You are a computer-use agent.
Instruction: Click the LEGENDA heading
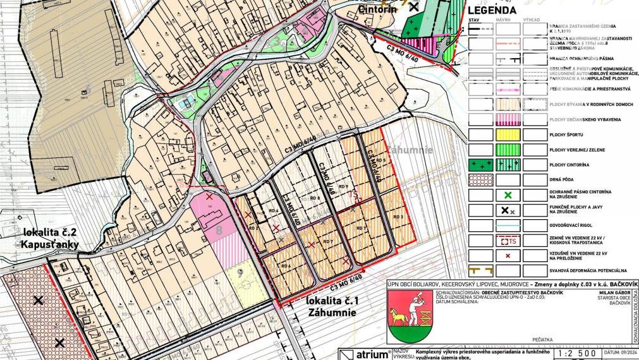491,10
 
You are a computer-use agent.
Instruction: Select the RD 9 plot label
343,187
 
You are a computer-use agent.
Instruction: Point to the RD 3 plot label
398,217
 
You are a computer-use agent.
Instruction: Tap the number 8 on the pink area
219,231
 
